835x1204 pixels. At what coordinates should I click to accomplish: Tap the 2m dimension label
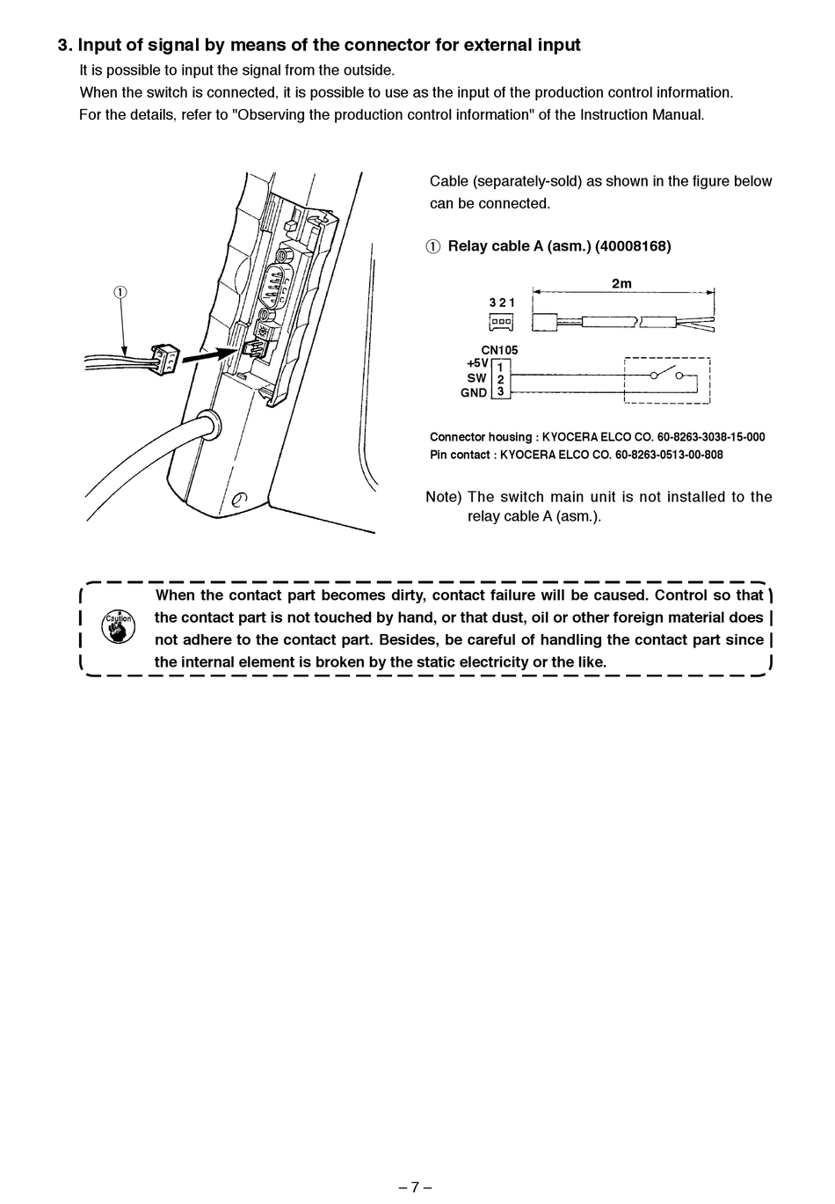[621, 283]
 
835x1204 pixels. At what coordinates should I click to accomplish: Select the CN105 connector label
[499, 350]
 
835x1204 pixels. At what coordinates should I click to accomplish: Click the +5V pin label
[476, 363]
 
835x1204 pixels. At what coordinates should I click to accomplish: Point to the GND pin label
[473, 393]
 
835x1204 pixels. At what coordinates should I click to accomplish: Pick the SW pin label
[476, 378]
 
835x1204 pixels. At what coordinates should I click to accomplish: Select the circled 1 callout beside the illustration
[120, 292]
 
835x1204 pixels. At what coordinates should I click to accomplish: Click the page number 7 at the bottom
[415, 1186]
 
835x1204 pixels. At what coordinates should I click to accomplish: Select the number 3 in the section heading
[62, 46]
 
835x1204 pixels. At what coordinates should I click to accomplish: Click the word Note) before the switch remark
[444, 497]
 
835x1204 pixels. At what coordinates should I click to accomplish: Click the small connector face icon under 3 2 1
[501, 322]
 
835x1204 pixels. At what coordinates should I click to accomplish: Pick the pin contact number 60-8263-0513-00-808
[669, 456]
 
